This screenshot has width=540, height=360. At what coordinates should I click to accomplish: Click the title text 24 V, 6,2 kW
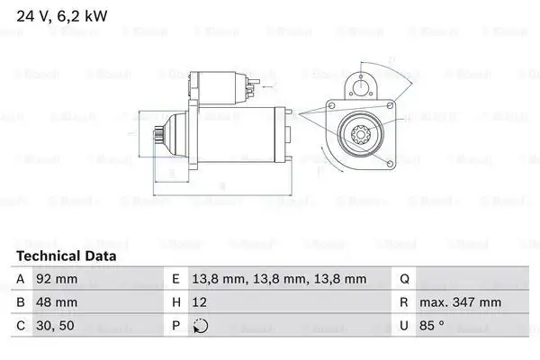pyautogui.click(x=60, y=14)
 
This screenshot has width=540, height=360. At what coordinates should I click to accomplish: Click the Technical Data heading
pyautogui.click(x=66, y=256)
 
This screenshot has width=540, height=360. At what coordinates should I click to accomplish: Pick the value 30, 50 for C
pyautogui.click(x=55, y=327)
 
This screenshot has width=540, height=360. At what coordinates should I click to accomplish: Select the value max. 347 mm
pyautogui.click(x=463, y=303)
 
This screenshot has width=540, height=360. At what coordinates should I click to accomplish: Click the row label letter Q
pyautogui.click(x=405, y=280)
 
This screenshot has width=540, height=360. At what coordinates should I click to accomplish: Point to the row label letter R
pyautogui.click(x=405, y=303)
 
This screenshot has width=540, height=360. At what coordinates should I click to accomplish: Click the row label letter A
pyautogui.click(x=22, y=280)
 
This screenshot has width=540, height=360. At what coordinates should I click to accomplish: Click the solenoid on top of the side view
pyautogui.click(x=216, y=86)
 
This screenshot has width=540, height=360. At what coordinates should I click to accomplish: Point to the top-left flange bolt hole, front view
pyautogui.click(x=329, y=114)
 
